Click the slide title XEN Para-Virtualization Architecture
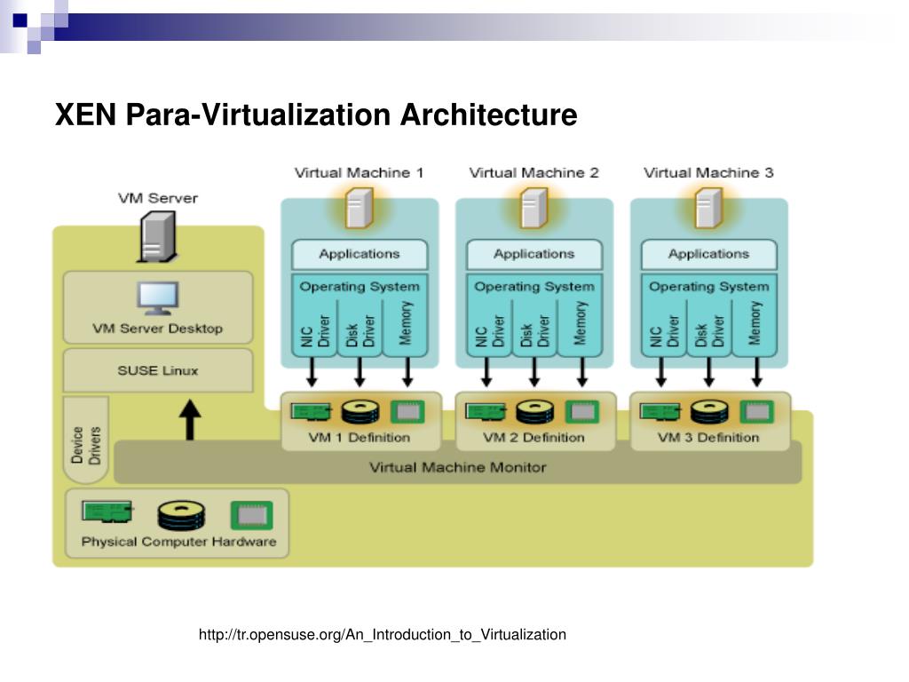point(316,115)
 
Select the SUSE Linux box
point(158,370)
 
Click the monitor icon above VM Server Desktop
point(158,298)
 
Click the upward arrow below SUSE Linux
point(189,420)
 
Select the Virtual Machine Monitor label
point(457,466)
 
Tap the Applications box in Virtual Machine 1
point(360,254)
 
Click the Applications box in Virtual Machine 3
point(708,254)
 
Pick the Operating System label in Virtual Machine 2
point(534,287)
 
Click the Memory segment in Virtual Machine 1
point(406,323)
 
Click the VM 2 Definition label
point(534,437)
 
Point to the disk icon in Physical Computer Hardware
point(181,515)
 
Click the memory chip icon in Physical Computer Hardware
point(252,515)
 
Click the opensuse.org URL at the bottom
point(382,634)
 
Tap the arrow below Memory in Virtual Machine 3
point(756,372)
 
